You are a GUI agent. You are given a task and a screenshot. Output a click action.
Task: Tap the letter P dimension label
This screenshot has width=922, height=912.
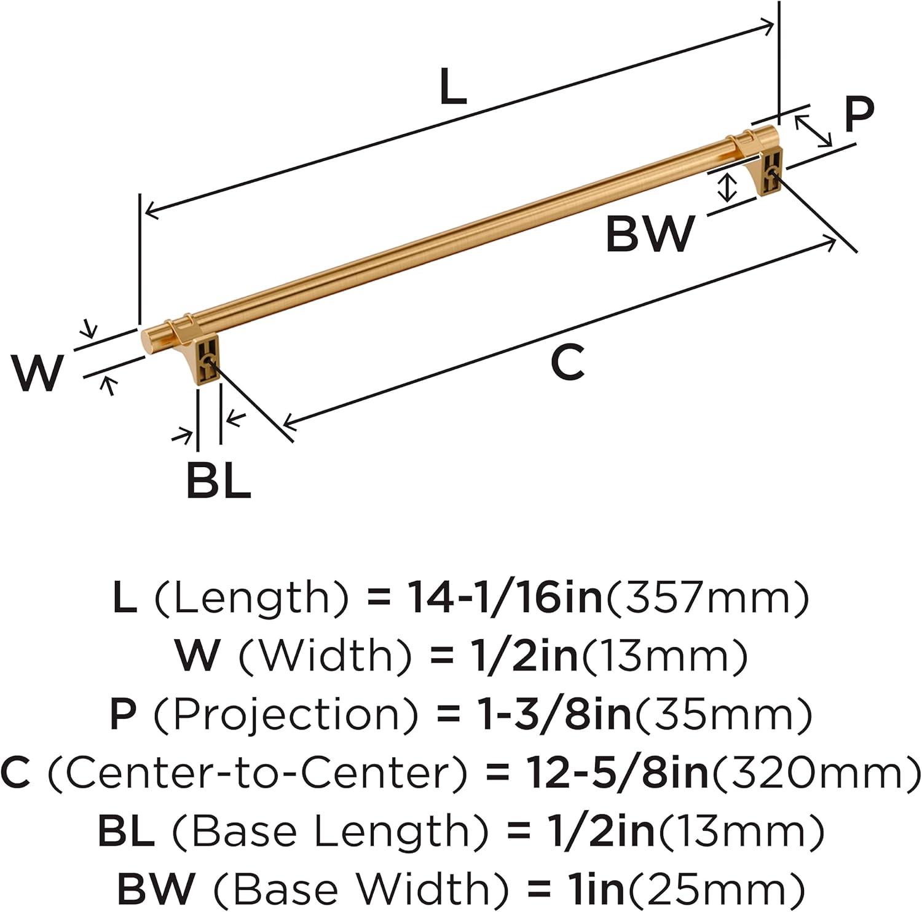coord(858,115)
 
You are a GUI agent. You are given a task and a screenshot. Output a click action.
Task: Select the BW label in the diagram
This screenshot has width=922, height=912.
coord(650,234)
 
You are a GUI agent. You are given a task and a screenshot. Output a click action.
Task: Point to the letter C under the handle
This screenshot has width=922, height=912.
coord(567,363)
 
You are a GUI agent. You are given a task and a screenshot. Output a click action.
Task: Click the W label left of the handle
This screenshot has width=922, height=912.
coord(38,373)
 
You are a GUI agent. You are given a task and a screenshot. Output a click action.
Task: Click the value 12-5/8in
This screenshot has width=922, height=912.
coord(618,772)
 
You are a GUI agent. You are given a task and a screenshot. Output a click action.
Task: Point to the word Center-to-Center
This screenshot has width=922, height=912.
coord(258,772)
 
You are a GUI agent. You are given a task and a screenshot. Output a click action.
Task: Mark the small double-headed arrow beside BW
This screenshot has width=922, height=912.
coord(728,187)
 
